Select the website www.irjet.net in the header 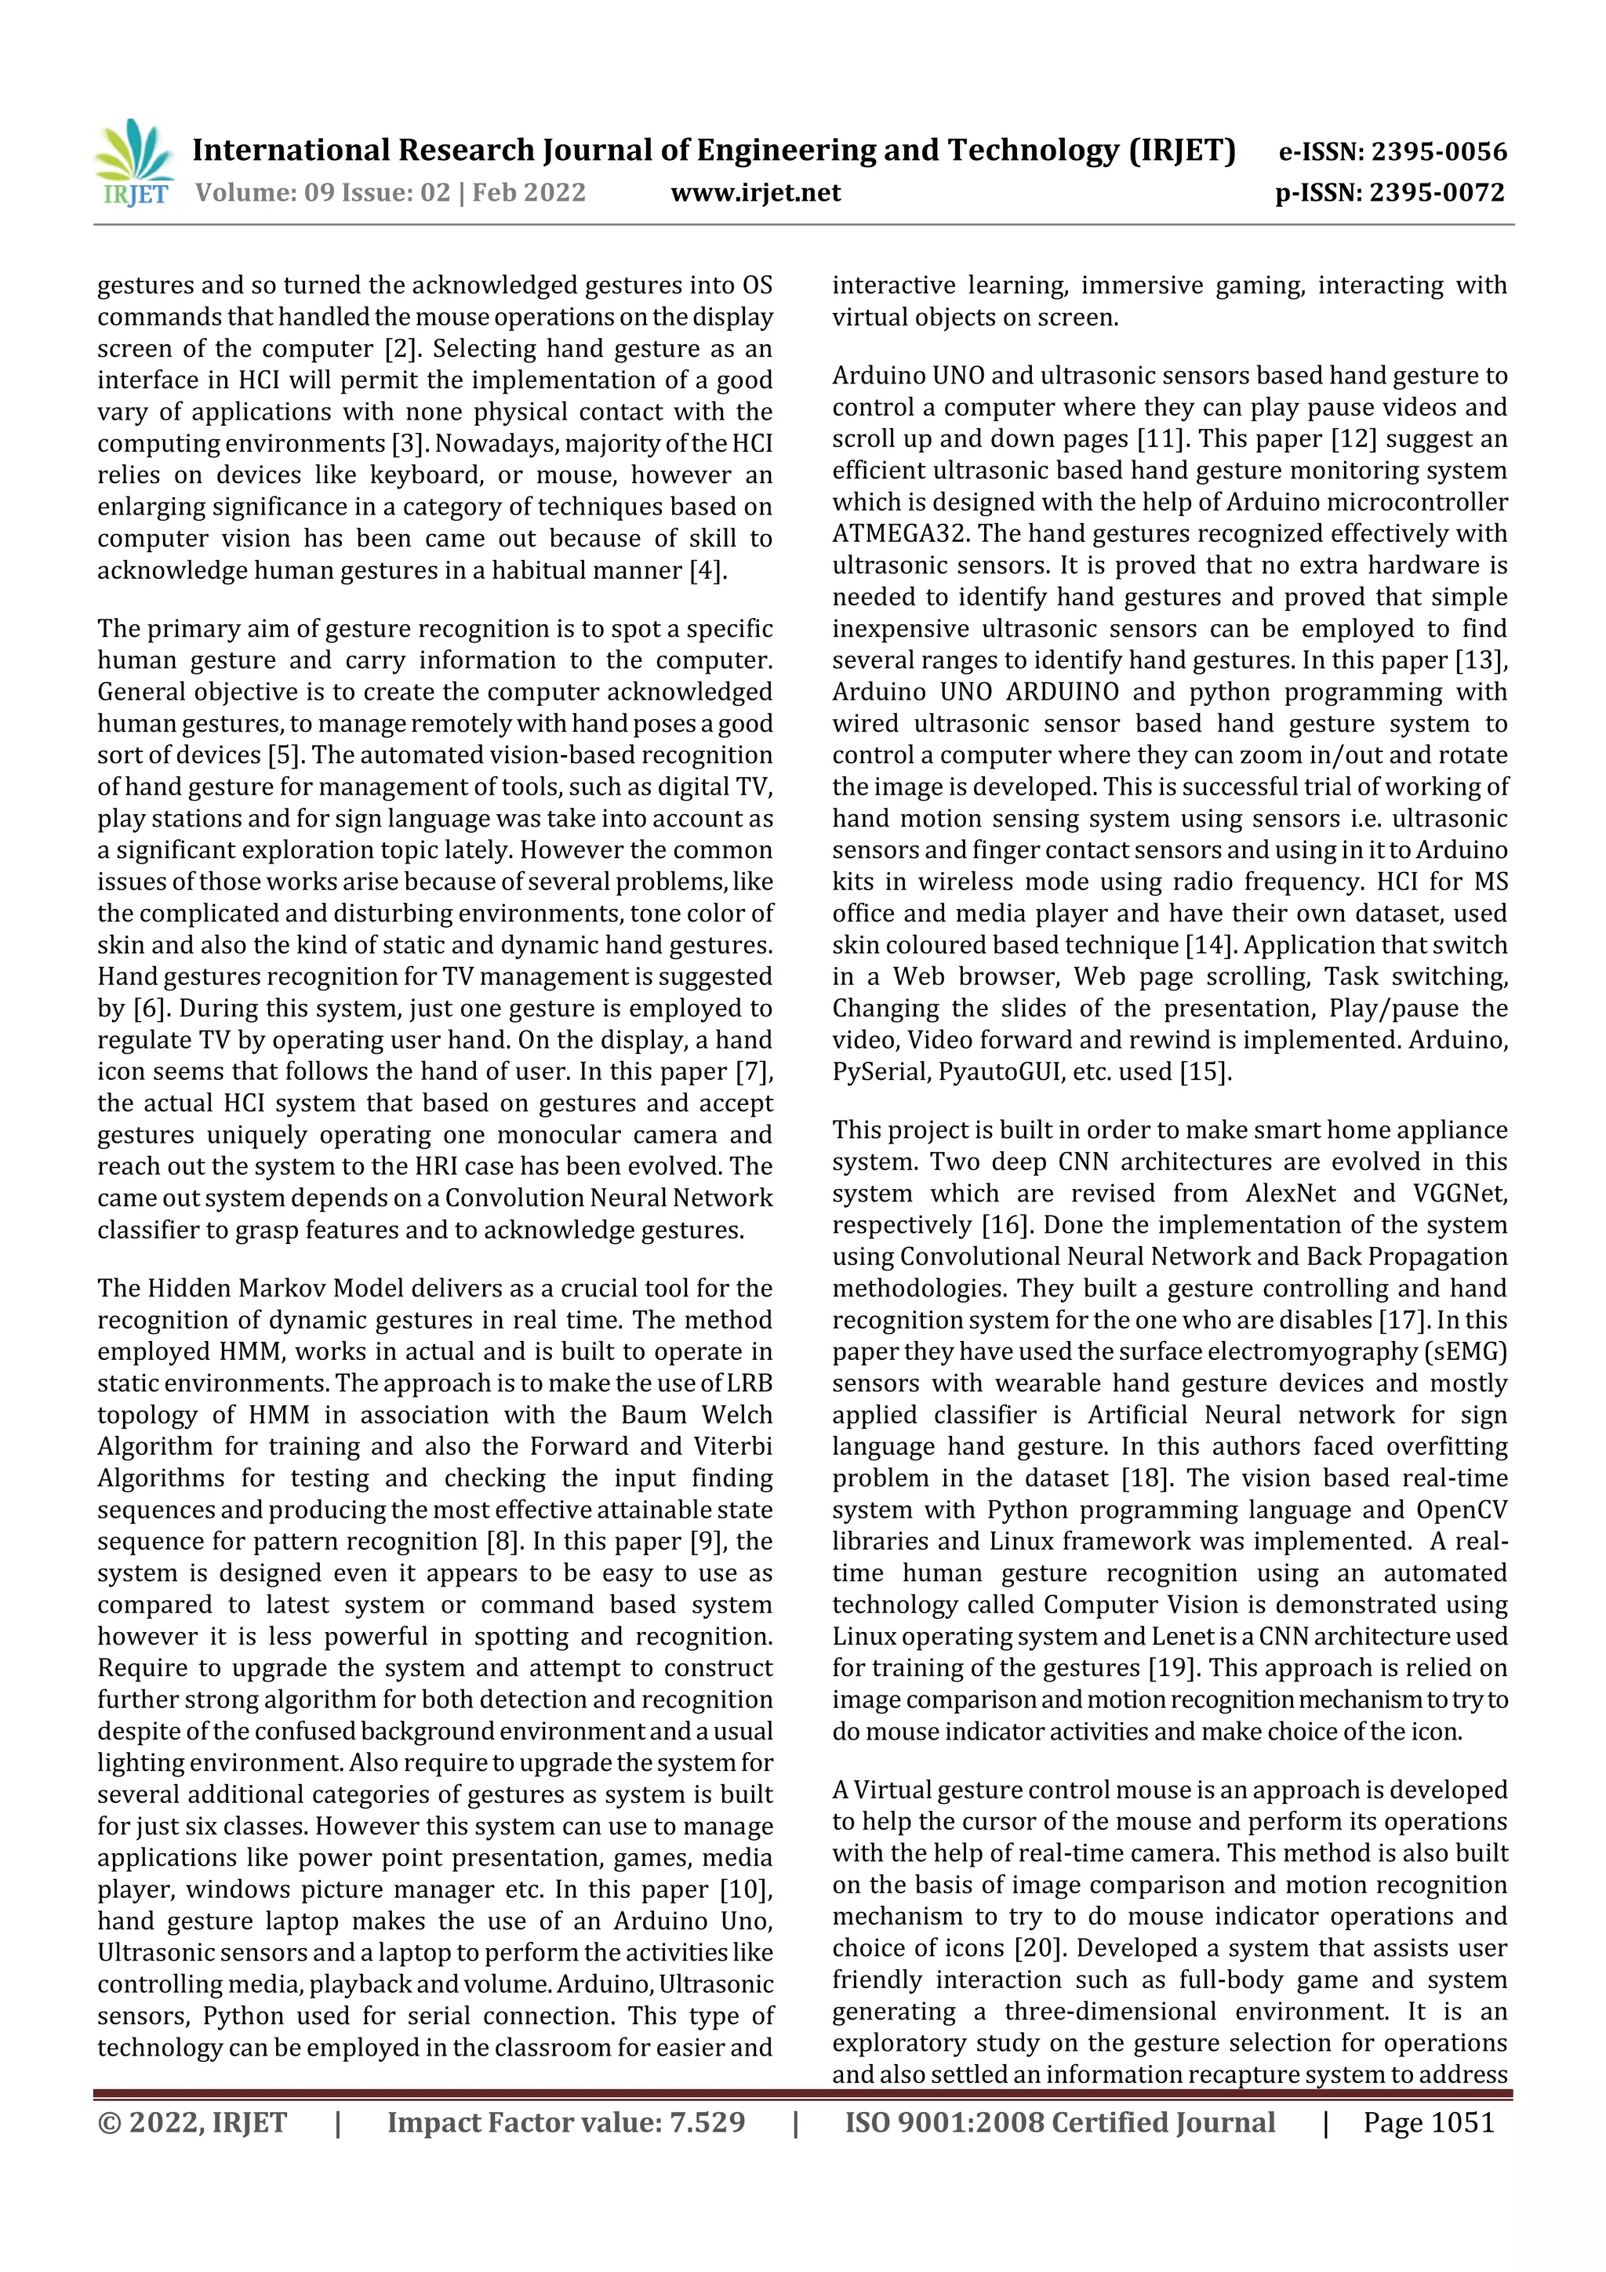[x=755, y=192]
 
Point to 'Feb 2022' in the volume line [x=529, y=192]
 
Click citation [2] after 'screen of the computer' [x=401, y=349]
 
